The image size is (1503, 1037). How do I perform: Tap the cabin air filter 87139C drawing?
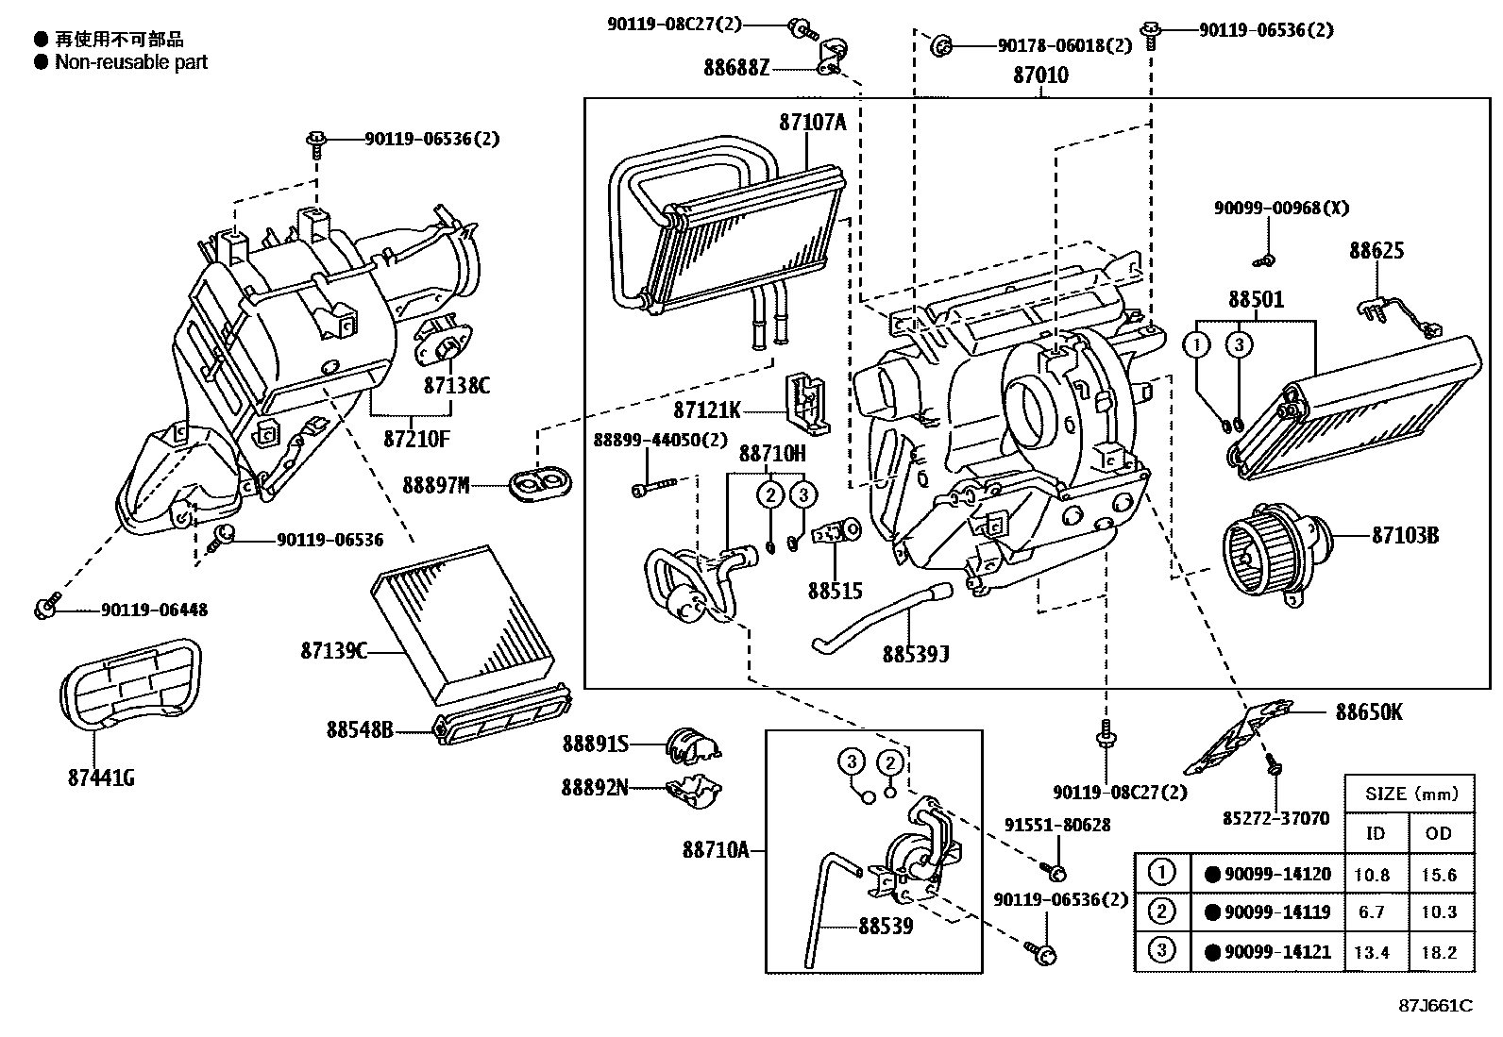(x=467, y=625)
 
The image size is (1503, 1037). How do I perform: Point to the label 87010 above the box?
(x=1040, y=75)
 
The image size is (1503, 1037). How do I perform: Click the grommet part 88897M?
(x=541, y=484)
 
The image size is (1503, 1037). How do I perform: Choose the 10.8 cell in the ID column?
(x=1372, y=875)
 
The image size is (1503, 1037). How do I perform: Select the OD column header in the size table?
(x=1439, y=834)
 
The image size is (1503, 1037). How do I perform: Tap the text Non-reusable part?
(x=131, y=62)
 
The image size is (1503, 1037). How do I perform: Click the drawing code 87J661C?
(x=1435, y=1005)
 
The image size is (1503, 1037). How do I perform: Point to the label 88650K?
(x=1368, y=712)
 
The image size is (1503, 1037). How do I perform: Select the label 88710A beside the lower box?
(x=716, y=850)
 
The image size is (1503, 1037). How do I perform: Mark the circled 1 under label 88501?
(x=1197, y=344)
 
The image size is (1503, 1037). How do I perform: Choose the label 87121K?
(x=707, y=410)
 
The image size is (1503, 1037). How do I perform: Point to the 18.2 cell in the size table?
(x=1439, y=952)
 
